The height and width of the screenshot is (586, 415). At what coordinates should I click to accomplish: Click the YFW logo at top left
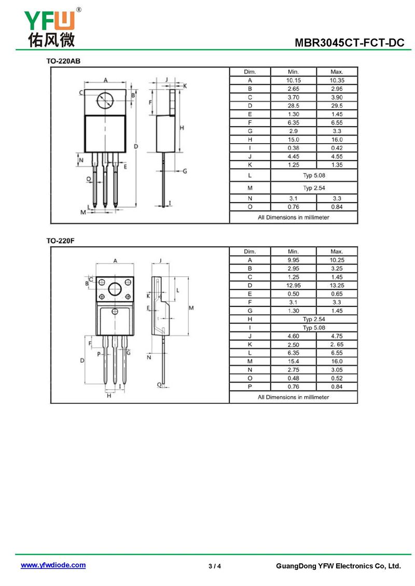[x=51, y=27]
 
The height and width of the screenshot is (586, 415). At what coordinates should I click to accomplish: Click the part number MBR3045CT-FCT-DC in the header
[x=349, y=43]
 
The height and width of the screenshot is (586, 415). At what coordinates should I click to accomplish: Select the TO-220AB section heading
[x=63, y=61]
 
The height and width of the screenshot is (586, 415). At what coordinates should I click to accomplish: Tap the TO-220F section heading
[x=60, y=241]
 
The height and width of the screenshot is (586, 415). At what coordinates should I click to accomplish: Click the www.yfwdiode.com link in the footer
[x=53, y=565]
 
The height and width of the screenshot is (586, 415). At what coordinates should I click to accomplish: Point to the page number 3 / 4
[x=215, y=566]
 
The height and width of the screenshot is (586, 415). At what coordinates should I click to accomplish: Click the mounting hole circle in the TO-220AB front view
[x=105, y=101]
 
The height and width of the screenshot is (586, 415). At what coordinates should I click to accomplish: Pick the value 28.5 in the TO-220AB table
[x=293, y=106]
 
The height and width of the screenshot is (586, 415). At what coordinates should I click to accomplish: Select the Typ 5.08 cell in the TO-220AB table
[x=314, y=175]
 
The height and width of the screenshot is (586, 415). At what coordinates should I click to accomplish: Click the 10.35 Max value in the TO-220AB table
[x=337, y=80]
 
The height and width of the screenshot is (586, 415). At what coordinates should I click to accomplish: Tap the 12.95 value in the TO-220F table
[x=293, y=286]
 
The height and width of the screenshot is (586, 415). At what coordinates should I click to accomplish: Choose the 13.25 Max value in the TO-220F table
[x=337, y=286]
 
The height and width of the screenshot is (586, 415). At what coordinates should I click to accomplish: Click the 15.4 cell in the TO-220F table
[x=293, y=361]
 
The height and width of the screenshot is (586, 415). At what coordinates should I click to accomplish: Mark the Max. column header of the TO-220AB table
[x=337, y=72]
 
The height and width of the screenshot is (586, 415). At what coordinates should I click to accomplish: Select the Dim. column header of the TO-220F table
[x=250, y=252]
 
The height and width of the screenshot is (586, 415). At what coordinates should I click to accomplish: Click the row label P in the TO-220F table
[x=250, y=387]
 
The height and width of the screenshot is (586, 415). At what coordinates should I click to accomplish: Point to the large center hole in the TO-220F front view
[x=115, y=289]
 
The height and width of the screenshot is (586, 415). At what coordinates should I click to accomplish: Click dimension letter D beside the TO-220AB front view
[x=136, y=146]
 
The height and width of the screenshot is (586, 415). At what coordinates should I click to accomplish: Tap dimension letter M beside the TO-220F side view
[x=191, y=308]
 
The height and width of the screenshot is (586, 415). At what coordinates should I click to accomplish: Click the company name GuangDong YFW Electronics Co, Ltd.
[x=338, y=566]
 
